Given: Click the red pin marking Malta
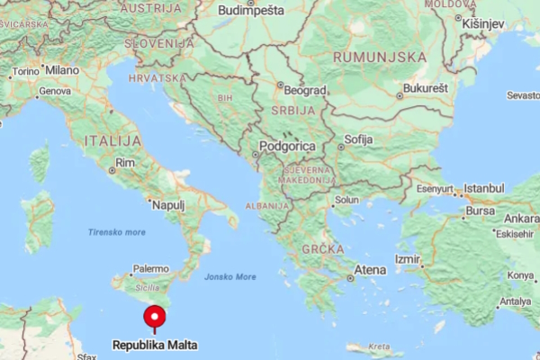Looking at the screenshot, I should (155, 318).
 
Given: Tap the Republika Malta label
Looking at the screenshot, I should (155, 345).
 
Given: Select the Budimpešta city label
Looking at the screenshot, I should (251, 11).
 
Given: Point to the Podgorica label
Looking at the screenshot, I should (287, 146).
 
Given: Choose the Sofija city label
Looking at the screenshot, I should (358, 139).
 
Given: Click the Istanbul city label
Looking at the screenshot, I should (484, 187).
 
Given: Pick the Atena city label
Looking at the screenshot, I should (370, 270).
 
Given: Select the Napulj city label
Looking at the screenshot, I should (168, 205).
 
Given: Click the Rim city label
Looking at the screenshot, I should (124, 161).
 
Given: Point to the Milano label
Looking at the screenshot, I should (62, 69).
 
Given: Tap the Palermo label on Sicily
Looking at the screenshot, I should (150, 268).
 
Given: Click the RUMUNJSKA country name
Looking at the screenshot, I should (379, 56).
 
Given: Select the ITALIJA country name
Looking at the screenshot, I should (112, 141).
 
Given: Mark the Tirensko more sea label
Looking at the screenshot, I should (116, 232).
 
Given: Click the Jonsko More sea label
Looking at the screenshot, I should (229, 276).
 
